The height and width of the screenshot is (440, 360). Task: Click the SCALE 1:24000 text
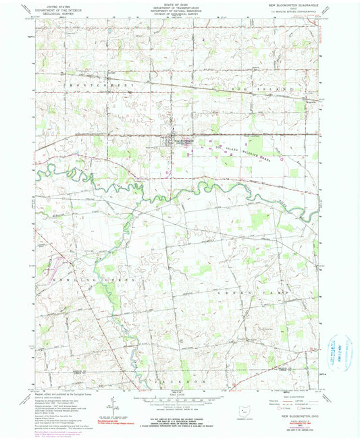[x=178, y=395]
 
